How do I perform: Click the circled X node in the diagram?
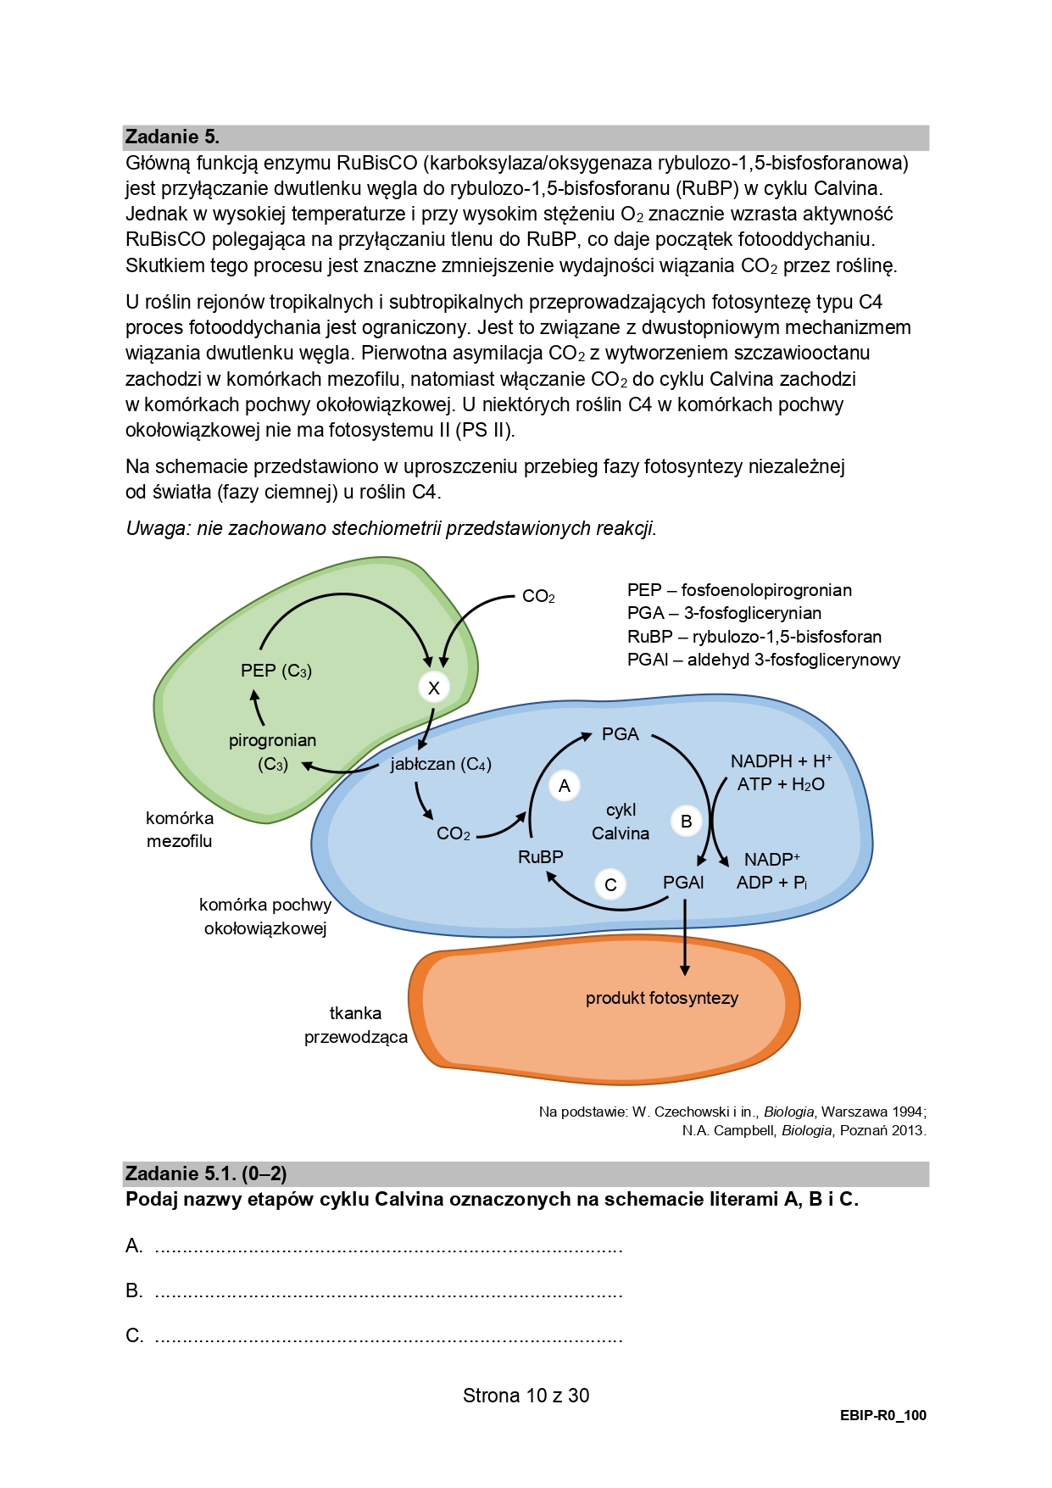click(x=433, y=688)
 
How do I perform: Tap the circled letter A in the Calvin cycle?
click(x=565, y=786)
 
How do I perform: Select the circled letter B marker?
click(x=686, y=821)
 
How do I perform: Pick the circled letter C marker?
click(x=610, y=885)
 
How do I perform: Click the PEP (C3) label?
click(x=276, y=671)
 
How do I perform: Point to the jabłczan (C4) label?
click(x=441, y=764)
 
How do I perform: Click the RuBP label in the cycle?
click(x=540, y=857)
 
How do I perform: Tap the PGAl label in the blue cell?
click(x=683, y=883)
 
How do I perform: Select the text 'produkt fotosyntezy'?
click(x=661, y=998)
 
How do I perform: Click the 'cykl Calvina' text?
click(x=621, y=822)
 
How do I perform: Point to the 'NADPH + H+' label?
click(x=781, y=761)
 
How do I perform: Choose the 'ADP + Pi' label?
click(x=771, y=883)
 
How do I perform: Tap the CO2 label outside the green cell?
click(x=538, y=597)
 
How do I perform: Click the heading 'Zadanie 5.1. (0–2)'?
click(x=206, y=1173)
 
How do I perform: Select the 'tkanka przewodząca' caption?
click(x=356, y=1025)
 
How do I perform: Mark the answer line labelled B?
click(x=389, y=1292)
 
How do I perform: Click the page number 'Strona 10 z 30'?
click(x=526, y=1396)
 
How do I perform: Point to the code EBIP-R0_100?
click(x=883, y=1415)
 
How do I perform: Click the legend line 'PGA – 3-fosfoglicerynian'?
click(x=724, y=613)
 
